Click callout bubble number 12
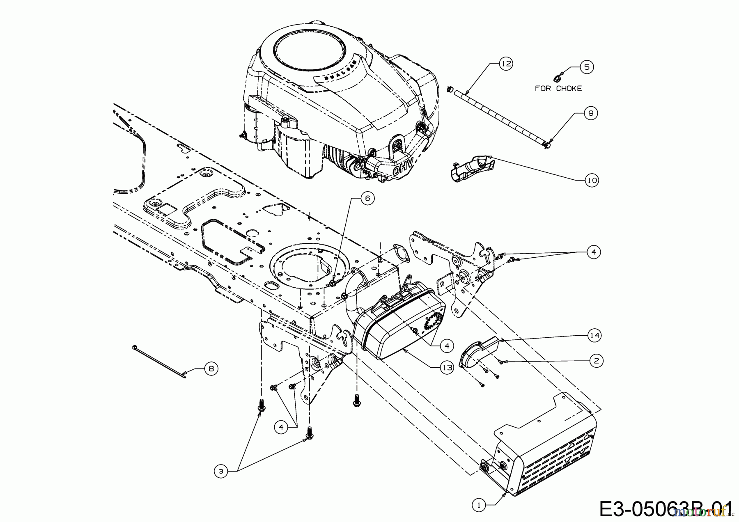[506, 64]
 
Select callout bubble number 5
[586, 67]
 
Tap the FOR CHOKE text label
[558, 88]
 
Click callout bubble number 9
[590, 113]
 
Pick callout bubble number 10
[592, 180]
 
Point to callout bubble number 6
[367, 199]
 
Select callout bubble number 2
[596, 361]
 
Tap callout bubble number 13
[448, 368]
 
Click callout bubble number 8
[211, 369]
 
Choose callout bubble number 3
[220, 472]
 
